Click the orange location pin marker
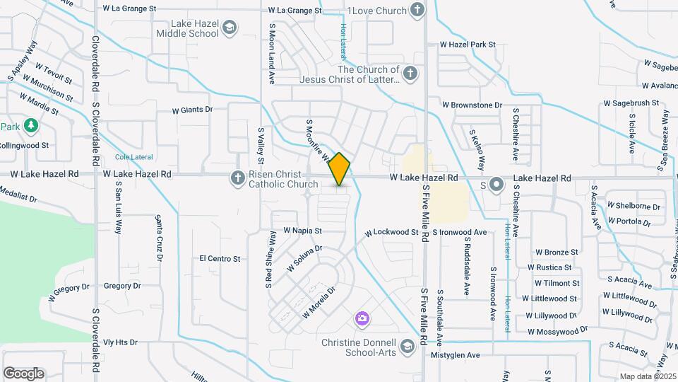click(x=340, y=169)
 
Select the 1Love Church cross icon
click(x=417, y=11)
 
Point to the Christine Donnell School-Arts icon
click(x=407, y=346)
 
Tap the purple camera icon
click(x=362, y=319)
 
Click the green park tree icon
click(x=30, y=126)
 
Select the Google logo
click(x=23, y=373)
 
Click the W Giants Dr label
click(x=192, y=110)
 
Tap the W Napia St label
click(x=302, y=231)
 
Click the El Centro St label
click(x=220, y=259)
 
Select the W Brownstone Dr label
click(x=472, y=105)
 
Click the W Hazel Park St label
click(x=466, y=45)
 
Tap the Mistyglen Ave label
click(x=455, y=355)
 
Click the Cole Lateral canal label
click(x=133, y=157)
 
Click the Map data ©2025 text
click(x=648, y=376)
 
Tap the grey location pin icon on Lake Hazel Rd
click(x=496, y=185)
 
